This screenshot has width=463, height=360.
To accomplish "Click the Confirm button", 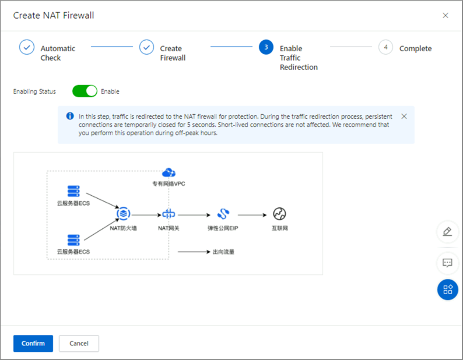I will click(x=33, y=343).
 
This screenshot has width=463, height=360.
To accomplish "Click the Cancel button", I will click(x=79, y=343).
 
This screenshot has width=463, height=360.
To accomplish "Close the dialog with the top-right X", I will click(x=446, y=16).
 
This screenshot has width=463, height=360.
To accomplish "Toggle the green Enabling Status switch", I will click(x=85, y=91).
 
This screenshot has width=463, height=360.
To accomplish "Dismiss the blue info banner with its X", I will click(x=404, y=117).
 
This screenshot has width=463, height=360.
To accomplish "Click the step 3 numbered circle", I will click(x=266, y=47).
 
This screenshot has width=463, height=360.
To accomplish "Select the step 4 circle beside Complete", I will click(x=385, y=47).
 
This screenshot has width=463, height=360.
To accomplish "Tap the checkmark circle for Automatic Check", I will click(x=27, y=47).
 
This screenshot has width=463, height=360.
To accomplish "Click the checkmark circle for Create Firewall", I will click(x=146, y=47).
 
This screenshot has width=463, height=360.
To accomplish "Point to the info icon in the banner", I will click(x=70, y=117).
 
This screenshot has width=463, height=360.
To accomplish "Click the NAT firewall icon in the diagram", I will click(x=123, y=214).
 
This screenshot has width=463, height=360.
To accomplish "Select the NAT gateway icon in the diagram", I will click(x=169, y=214).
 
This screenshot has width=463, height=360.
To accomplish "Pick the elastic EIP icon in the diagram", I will click(x=223, y=214).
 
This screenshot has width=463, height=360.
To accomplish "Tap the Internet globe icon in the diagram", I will click(x=279, y=214).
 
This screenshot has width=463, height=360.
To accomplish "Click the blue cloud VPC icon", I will click(x=169, y=172).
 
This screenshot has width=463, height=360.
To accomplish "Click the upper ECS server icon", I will click(x=73, y=191).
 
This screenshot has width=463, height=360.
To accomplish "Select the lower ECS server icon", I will click(x=73, y=239).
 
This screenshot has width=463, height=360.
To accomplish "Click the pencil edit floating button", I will click(x=447, y=232).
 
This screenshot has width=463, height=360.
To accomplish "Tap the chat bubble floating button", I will click(x=447, y=263).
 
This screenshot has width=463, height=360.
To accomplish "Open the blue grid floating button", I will click(x=447, y=290).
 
